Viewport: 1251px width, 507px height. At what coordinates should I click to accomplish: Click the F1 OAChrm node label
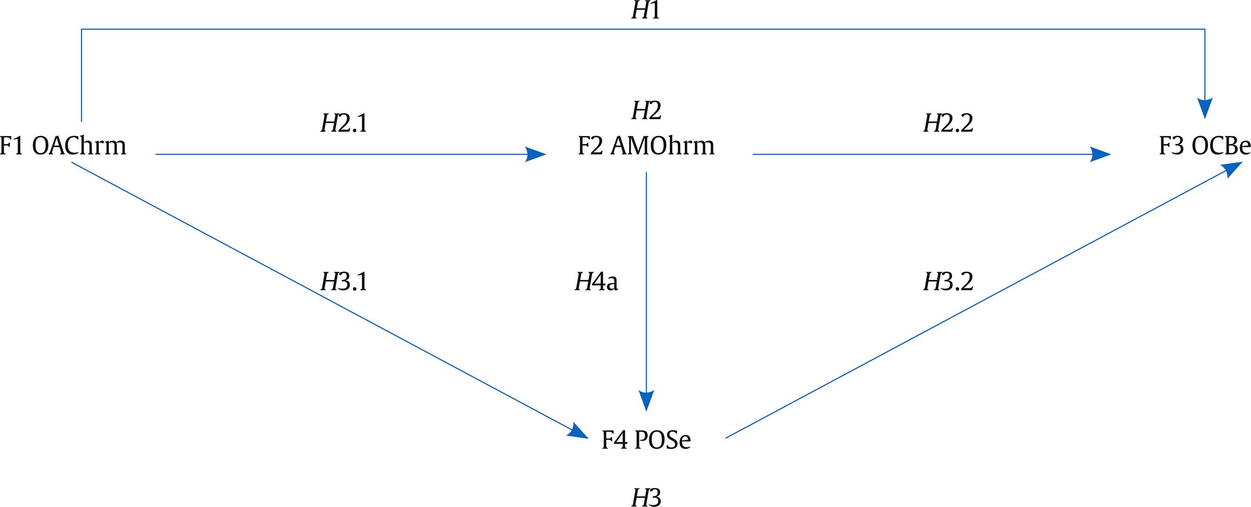(x=63, y=145)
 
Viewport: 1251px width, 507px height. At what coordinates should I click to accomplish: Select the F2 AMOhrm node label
(x=646, y=145)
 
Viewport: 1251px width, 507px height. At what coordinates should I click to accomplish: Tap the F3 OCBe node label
(x=1204, y=145)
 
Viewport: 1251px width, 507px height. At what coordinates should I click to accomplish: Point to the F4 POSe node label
(x=646, y=439)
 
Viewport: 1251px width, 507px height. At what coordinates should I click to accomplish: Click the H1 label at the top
(x=646, y=11)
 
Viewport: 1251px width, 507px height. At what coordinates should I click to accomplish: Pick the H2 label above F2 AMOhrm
(x=646, y=111)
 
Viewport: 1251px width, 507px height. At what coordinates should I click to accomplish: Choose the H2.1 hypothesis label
(x=344, y=123)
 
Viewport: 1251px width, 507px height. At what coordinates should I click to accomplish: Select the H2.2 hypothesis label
(x=948, y=123)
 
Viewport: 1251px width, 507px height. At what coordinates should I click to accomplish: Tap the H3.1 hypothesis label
(x=344, y=282)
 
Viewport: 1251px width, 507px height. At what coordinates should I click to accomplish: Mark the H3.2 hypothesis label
(x=948, y=282)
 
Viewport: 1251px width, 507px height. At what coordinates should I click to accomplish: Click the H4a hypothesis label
(x=596, y=282)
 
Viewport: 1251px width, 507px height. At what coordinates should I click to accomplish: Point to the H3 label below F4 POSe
(x=646, y=498)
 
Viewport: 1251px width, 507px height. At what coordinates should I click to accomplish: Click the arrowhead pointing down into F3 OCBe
(x=1205, y=109)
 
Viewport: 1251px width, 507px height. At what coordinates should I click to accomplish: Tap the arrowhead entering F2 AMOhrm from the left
(x=536, y=154)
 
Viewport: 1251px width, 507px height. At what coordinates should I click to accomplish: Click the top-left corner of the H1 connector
(x=82, y=29)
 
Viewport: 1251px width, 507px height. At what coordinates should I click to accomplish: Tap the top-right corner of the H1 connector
(x=1205, y=29)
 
